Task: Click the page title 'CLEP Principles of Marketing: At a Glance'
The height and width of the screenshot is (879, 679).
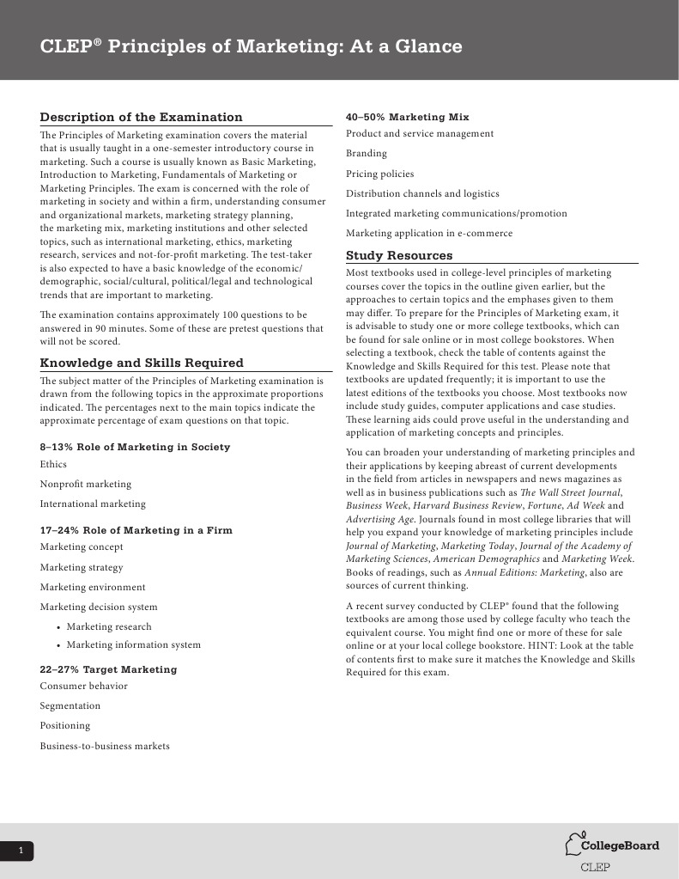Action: coord(251,46)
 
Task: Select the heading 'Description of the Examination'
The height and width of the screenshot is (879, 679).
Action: coord(142,118)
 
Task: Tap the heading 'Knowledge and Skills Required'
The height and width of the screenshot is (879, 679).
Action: coord(142,363)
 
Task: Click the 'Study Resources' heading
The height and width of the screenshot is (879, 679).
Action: coord(398,255)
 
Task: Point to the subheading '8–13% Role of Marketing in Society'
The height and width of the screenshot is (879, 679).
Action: coord(135,447)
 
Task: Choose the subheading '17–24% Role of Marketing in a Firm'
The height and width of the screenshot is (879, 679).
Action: coord(136,530)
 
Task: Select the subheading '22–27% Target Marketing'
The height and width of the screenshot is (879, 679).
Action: coord(108,669)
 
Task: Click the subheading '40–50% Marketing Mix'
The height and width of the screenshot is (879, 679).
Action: coord(407,117)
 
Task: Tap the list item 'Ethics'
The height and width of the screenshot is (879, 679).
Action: coord(53,464)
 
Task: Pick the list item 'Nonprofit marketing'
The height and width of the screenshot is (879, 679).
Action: coord(86,484)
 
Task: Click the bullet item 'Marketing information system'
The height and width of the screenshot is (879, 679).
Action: coord(133,644)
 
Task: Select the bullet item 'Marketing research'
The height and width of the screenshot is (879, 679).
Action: coord(109,626)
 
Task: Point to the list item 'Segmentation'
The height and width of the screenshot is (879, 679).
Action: coord(70,705)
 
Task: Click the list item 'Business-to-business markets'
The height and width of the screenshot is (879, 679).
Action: coord(105,746)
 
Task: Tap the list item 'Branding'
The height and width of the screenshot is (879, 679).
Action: coord(367,153)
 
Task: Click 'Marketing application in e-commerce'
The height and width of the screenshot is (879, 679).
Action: coord(428,233)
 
